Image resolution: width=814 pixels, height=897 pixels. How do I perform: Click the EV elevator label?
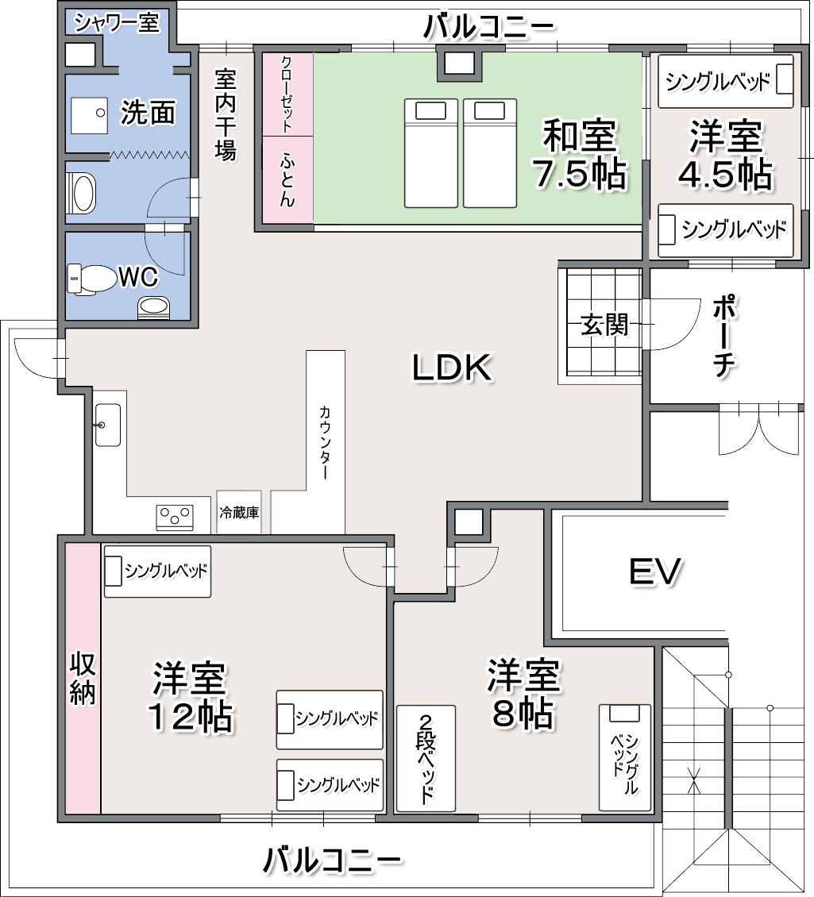pyautogui.click(x=655, y=571)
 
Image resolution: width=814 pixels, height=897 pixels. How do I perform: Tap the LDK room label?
pyautogui.click(x=452, y=367)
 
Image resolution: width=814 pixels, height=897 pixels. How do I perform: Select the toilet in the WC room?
pyautogui.click(x=91, y=279)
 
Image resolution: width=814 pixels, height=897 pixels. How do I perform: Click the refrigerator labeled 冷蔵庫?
pyautogui.click(x=239, y=512)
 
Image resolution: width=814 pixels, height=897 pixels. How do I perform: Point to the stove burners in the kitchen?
pyautogui.click(x=175, y=517)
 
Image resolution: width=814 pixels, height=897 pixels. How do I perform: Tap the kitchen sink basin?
pyautogui.click(x=108, y=425)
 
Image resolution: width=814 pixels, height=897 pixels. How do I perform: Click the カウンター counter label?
pyautogui.click(x=325, y=441)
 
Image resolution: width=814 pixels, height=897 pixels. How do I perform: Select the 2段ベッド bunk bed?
pyautogui.click(x=426, y=758)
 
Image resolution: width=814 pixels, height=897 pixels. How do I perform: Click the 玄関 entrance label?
pyautogui.click(x=604, y=325)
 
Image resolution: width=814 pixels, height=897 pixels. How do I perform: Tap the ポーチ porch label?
pyautogui.click(x=724, y=336)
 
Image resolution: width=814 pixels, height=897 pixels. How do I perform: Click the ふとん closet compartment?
pyautogui.click(x=288, y=179)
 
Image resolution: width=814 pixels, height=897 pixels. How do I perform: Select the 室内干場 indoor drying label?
pyautogui.click(x=226, y=114)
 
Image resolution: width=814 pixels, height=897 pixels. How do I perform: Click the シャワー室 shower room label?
pyautogui.click(x=117, y=23)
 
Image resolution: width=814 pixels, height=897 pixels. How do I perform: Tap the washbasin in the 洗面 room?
pyautogui.click(x=89, y=115)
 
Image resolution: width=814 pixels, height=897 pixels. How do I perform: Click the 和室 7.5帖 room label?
pyautogui.click(x=580, y=153)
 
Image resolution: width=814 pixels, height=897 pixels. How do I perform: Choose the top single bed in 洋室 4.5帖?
pyautogui.click(x=725, y=81)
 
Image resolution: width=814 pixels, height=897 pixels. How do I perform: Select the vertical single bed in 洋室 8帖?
pyautogui.click(x=625, y=757)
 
